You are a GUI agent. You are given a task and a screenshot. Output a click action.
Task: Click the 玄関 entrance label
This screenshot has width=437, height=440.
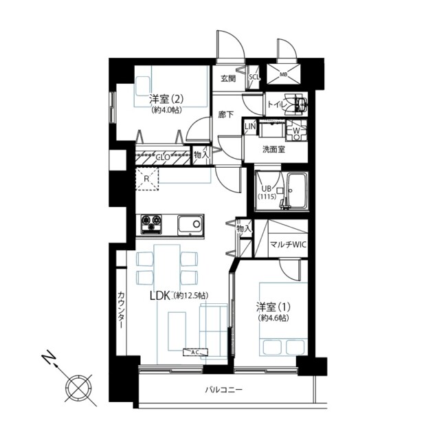tap(227, 78)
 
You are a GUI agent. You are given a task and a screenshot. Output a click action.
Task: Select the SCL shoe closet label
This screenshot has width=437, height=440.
tap(254, 77)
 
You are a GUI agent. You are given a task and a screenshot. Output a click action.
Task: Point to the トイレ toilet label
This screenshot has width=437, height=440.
tap(277, 104)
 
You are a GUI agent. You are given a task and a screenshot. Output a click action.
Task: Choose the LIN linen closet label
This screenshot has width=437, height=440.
tap(250, 126)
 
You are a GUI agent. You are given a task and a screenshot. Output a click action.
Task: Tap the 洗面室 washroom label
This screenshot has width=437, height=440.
tap(273, 149)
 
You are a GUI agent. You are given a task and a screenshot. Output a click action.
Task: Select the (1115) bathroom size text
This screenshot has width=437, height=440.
tap(267, 197)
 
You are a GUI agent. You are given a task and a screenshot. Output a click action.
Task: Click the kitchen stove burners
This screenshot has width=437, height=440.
tap(152, 223)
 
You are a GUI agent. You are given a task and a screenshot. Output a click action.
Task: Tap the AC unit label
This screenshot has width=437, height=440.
tap(194, 352)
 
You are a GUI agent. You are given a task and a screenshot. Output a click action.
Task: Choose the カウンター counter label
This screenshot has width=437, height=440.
tap(121, 311)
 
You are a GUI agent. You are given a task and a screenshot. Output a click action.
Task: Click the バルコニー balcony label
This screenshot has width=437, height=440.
tap(224, 390)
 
